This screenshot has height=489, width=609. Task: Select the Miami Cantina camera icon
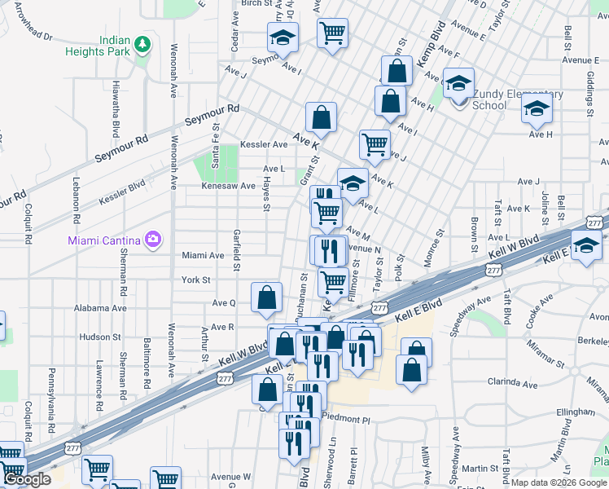click(x=152, y=239)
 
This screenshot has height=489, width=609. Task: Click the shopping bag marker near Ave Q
click(x=267, y=299)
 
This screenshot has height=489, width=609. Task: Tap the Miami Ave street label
click(x=203, y=255)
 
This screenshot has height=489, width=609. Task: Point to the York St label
click(x=196, y=280)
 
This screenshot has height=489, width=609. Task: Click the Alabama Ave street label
click(x=101, y=309)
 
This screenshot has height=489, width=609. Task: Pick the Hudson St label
click(x=100, y=336)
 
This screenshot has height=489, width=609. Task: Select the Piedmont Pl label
click(x=345, y=419)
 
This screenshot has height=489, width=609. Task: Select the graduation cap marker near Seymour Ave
click(x=283, y=37)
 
